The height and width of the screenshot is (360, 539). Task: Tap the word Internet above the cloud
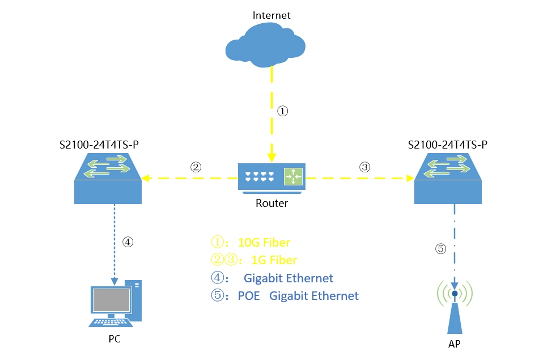click(x=271, y=15)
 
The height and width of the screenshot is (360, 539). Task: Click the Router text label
click(x=271, y=203)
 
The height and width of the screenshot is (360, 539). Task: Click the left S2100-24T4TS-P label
click(x=99, y=145)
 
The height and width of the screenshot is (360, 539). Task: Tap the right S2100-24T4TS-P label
click(x=448, y=145)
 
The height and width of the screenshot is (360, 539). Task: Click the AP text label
click(x=455, y=344)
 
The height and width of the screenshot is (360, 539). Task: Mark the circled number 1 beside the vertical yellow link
click(x=282, y=112)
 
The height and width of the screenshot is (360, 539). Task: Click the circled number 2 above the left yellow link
click(x=196, y=167)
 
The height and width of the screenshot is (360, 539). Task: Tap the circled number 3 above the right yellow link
click(x=364, y=167)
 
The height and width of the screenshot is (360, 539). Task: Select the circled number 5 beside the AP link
click(x=440, y=248)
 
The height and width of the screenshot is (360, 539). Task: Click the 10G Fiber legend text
click(x=264, y=243)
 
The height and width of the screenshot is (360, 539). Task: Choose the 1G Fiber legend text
click(x=274, y=260)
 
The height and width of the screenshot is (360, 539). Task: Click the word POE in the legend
click(x=249, y=296)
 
